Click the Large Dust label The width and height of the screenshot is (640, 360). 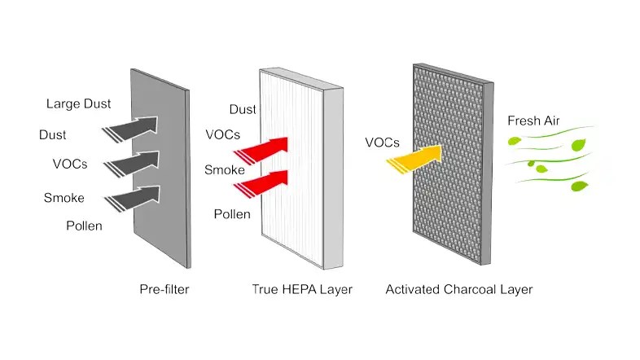78,103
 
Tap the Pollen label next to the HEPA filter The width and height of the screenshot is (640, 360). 232,214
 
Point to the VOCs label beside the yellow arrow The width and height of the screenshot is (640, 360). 382,143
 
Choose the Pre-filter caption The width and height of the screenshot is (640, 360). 164,289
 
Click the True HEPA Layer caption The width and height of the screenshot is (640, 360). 302,289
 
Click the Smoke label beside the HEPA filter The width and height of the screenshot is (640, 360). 224,170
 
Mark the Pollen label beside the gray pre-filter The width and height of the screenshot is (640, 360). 84,226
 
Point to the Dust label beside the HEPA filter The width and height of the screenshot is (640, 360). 243,109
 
